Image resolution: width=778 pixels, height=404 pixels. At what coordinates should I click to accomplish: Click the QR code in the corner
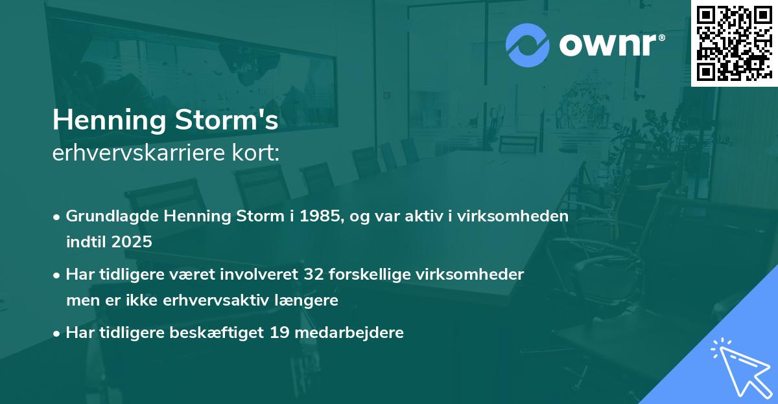pos(734,43)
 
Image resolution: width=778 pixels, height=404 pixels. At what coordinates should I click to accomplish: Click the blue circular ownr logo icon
pos(527,45)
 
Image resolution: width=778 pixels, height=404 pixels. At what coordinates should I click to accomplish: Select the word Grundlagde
pos(106,216)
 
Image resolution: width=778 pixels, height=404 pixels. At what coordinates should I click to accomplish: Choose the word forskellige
pos(367,275)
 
